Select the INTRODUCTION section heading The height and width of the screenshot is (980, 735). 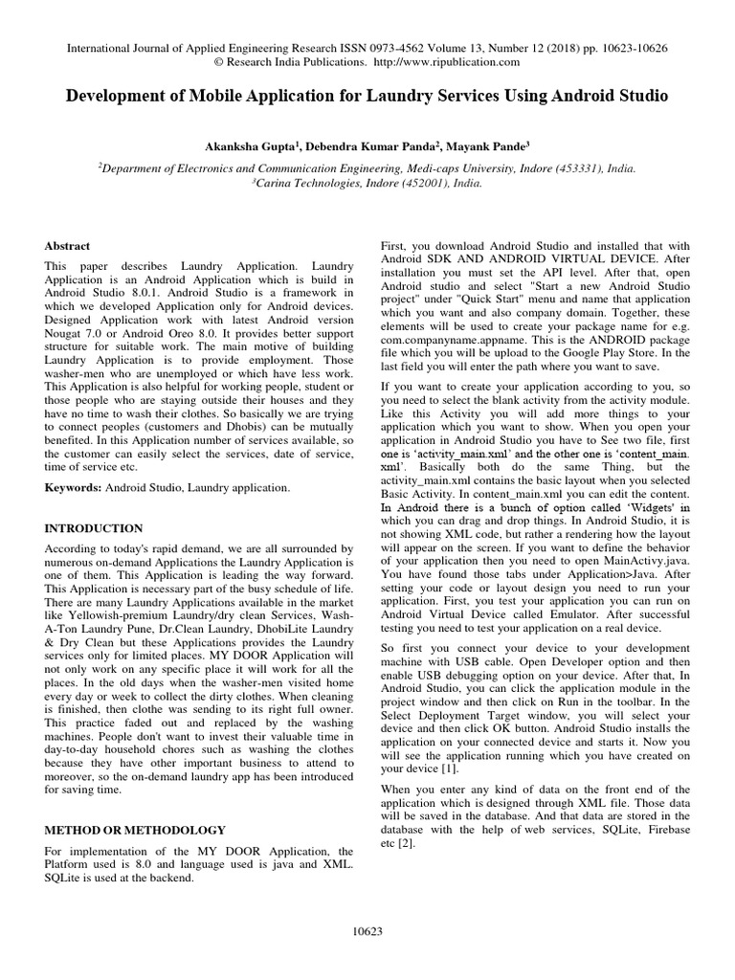pyautogui.click(x=94, y=528)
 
